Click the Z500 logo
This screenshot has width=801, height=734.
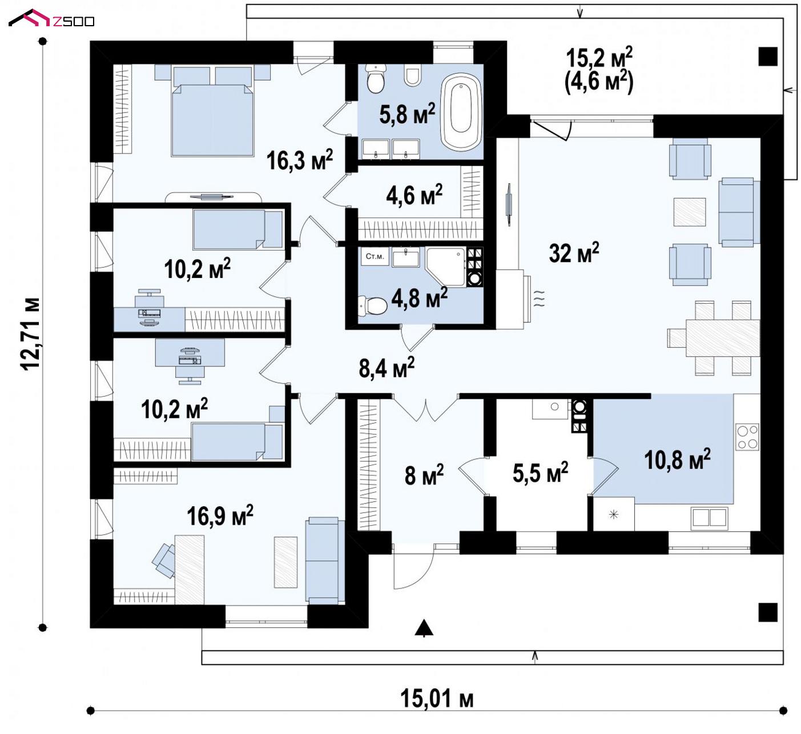click(x=51, y=18)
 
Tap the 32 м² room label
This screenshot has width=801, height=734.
click(x=574, y=252)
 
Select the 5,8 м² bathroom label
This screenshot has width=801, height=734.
click(x=407, y=114)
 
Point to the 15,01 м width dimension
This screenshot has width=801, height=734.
click(x=437, y=699)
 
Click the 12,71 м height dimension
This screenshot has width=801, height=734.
click(x=31, y=334)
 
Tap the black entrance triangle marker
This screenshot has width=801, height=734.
click(x=424, y=627)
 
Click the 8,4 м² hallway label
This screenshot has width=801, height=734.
click(x=387, y=368)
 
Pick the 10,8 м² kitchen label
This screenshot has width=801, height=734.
click(x=677, y=459)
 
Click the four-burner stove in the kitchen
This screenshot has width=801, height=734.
click(x=747, y=437)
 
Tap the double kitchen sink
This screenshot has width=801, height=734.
click(x=710, y=517)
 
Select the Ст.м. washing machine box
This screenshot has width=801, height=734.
click(x=375, y=256)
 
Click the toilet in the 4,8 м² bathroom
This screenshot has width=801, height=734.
click(x=373, y=306)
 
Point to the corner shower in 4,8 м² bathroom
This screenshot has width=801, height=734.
click(x=446, y=267)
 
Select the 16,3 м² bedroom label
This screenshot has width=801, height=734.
click(x=300, y=160)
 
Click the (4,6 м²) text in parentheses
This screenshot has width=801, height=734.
click(x=599, y=82)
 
